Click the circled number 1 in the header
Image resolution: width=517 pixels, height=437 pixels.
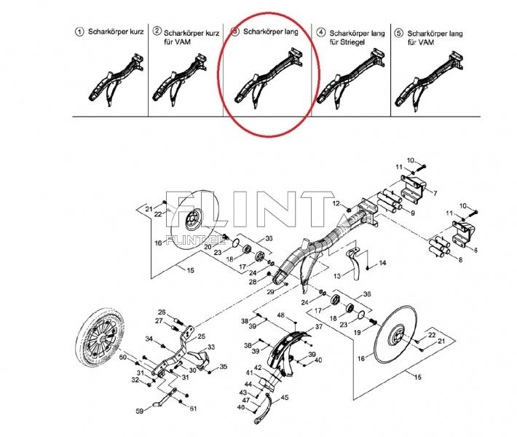click(x=79, y=31)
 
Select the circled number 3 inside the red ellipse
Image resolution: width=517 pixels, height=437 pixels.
click(x=234, y=32)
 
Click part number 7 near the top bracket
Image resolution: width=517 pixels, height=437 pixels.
click(x=435, y=194)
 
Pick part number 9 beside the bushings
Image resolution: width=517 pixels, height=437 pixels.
click(x=413, y=213)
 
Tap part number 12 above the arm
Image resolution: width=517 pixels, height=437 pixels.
click(x=336, y=202)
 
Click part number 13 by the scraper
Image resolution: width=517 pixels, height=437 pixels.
click(x=336, y=277)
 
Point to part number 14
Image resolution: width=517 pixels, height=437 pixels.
click(x=382, y=262)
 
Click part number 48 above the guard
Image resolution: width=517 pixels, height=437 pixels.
click(x=280, y=315)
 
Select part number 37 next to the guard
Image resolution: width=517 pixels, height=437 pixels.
click(x=318, y=327)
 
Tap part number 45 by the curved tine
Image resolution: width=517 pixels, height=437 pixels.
click(x=285, y=397)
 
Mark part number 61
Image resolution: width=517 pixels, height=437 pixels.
click(x=194, y=409)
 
